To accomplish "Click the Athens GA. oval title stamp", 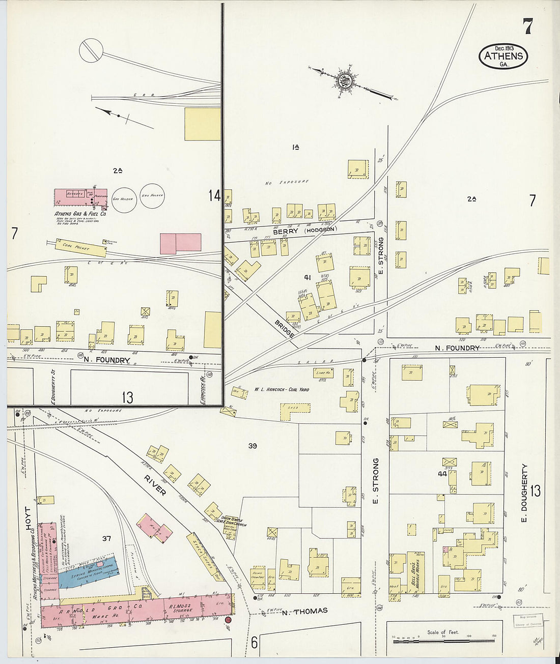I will tap(503, 57).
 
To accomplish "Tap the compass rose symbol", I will tap(345, 80).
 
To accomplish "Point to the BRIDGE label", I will tap(284, 329).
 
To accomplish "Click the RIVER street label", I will tap(155, 485).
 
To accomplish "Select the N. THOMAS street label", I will tap(304, 611).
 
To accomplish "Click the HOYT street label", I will tap(28, 519).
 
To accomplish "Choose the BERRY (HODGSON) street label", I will tap(304, 230).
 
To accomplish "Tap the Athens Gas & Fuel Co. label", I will tap(80, 214).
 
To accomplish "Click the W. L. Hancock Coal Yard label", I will tap(281, 390).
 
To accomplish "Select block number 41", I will tap(307, 277).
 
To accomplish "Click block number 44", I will tap(441, 474).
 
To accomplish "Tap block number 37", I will tap(106, 539).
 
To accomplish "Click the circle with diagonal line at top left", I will tap(92, 50).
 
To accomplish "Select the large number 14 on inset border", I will tap(214, 195).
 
